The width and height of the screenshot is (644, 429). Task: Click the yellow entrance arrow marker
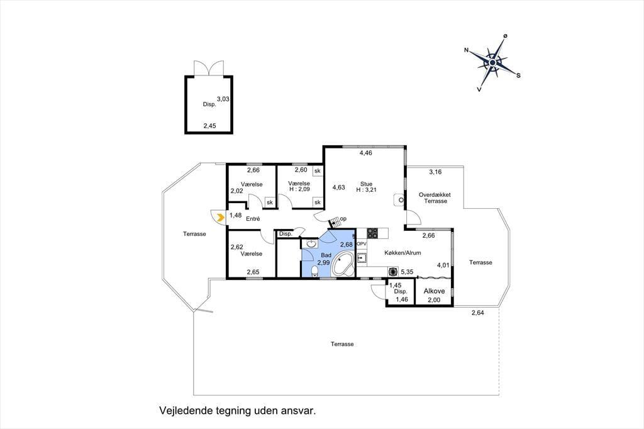click(221, 217)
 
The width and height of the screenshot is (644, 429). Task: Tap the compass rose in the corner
click(492, 62)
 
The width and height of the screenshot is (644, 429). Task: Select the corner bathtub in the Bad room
click(343, 265)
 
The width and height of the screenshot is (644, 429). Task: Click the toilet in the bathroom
click(314, 271)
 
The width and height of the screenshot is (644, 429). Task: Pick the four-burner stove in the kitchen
click(372, 233)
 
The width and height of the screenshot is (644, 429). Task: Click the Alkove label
click(434, 291)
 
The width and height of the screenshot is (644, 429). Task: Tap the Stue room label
click(367, 184)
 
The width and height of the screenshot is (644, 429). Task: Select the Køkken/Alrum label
click(402, 253)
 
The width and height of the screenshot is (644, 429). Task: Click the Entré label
click(253, 219)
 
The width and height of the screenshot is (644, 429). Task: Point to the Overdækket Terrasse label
click(435, 198)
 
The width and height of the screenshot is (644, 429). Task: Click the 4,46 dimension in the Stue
click(365, 153)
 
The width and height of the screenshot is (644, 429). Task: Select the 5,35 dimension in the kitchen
click(407, 272)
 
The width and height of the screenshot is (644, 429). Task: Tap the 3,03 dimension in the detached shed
click(223, 99)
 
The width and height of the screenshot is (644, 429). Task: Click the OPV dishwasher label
click(362, 243)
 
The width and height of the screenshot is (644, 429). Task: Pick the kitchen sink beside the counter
click(362, 259)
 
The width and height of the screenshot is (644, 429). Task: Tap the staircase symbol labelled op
click(336, 222)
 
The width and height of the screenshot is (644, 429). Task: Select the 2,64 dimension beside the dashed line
click(478, 313)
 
